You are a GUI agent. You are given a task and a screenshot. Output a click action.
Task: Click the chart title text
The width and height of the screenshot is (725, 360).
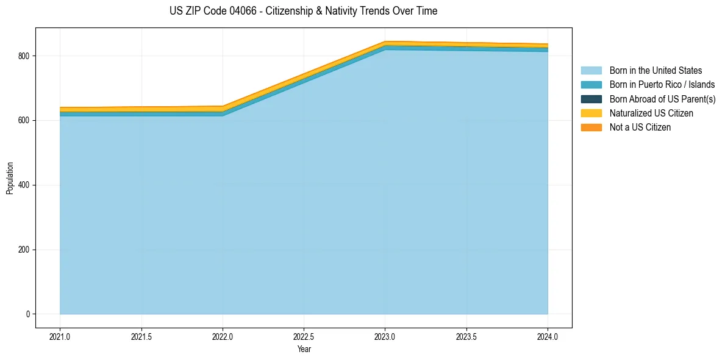(x=303, y=11)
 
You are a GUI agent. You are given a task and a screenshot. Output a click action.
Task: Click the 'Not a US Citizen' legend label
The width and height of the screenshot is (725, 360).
(x=640, y=128)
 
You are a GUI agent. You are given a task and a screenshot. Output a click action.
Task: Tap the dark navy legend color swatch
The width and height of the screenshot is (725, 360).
(x=591, y=99)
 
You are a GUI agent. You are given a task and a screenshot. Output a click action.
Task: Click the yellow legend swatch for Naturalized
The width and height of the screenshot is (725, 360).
(x=591, y=113)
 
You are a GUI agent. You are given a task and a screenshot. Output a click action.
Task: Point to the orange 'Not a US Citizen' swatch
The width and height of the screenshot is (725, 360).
(x=591, y=128)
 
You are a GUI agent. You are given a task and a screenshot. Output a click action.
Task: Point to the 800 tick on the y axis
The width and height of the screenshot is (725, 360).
(x=26, y=56)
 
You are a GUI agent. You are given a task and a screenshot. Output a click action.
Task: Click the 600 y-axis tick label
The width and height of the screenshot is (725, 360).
(x=26, y=120)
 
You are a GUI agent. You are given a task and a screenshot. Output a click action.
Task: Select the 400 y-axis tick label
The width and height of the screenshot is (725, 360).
(x=26, y=185)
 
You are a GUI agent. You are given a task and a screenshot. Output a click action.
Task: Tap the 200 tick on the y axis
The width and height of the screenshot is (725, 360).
(x=26, y=250)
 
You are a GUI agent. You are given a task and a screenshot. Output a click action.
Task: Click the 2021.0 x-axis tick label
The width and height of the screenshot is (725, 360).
(x=60, y=337)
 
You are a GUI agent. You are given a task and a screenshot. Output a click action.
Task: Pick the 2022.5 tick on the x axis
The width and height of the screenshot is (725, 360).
(x=304, y=337)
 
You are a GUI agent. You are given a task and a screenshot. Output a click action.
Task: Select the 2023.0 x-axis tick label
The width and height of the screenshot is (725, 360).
(x=385, y=337)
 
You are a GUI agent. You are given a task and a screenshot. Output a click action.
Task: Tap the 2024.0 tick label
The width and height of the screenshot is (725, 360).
(x=548, y=337)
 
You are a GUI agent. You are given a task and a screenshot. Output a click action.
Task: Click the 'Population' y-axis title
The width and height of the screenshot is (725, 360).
(x=9, y=178)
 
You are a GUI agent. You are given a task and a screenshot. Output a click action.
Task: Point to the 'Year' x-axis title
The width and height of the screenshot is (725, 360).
(x=304, y=349)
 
